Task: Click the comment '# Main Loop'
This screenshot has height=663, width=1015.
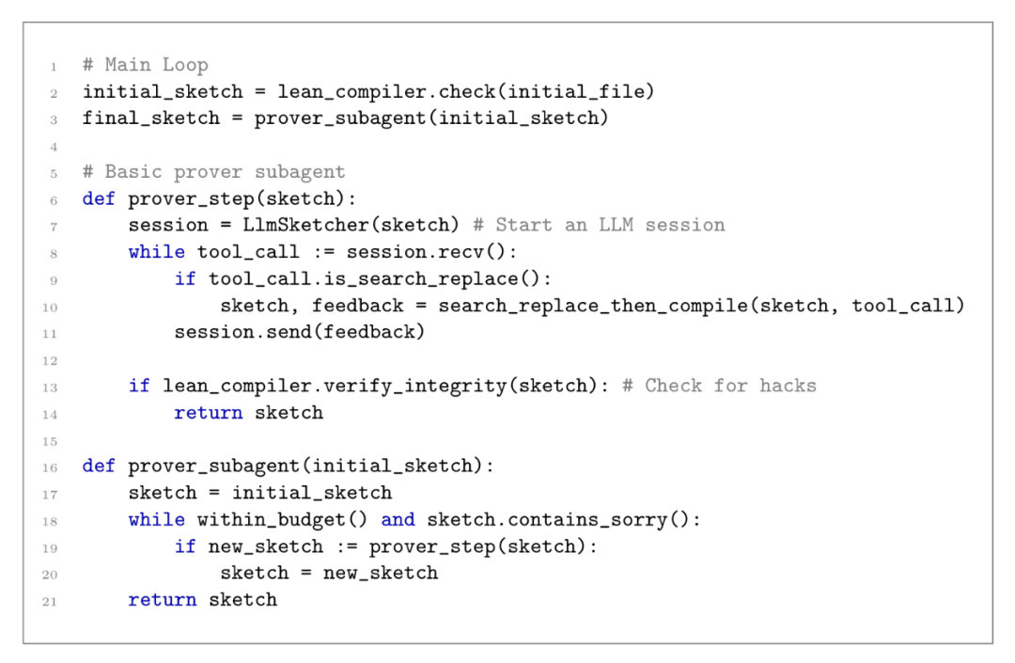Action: tap(146, 65)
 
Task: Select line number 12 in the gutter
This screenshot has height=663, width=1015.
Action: tap(50, 360)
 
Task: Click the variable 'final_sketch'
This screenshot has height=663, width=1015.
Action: tap(150, 118)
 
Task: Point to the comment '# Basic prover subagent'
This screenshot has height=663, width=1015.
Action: tap(214, 172)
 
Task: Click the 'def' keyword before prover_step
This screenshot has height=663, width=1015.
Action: tap(99, 198)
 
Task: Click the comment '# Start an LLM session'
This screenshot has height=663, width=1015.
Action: tap(600, 226)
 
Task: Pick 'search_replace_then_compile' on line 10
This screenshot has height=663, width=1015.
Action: tap(593, 306)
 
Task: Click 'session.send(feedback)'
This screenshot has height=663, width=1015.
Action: tap(300, 332)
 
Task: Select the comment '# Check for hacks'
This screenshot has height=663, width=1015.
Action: tap(719, 386)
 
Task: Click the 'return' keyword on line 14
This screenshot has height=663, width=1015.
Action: tap(209, 413)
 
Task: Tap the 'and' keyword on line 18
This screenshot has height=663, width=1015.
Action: tap(398, 520)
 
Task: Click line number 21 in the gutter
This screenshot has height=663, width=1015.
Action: tap(50, 602)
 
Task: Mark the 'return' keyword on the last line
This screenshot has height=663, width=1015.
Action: tap(163, 600)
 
